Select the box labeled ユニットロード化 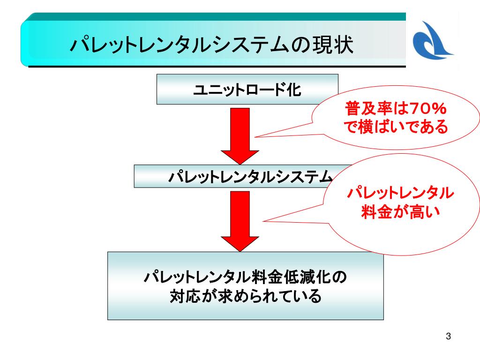click(x=247, y=89)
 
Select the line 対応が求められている click(x=245, y=296)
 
